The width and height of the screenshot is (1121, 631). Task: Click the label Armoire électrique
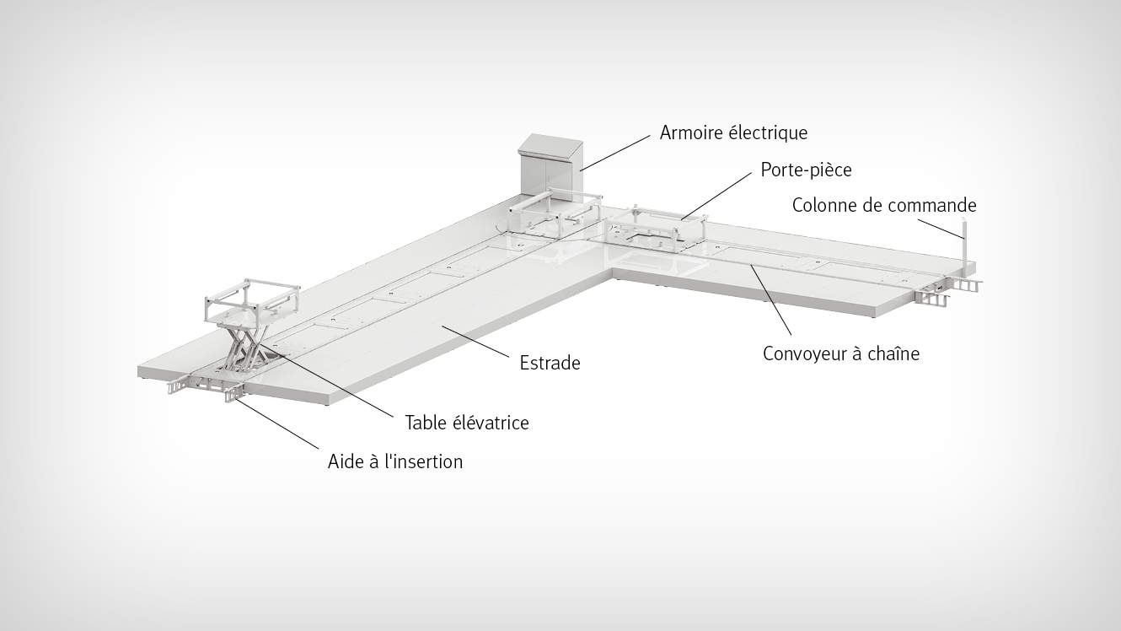(733, 132)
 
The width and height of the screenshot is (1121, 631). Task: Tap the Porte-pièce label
(806, 170)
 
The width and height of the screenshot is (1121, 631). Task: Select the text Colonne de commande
(884, 205)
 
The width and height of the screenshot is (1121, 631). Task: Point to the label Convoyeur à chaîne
(841, 353)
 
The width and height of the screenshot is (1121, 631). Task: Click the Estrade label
(550, 363)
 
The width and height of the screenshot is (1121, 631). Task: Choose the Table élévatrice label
(467, 423)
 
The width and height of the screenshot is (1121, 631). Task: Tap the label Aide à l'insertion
(395, 461)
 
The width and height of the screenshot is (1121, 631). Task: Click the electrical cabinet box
(550, 165)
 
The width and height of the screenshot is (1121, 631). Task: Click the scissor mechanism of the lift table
(244, 347)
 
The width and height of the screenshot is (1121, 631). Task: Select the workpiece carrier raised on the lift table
(252, 302)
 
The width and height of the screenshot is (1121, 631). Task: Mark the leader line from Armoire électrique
(615, 153)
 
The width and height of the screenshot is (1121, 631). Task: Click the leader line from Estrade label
(475, 341)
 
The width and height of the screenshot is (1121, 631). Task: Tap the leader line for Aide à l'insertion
(276, 422)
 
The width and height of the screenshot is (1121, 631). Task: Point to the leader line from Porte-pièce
(716, 197)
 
